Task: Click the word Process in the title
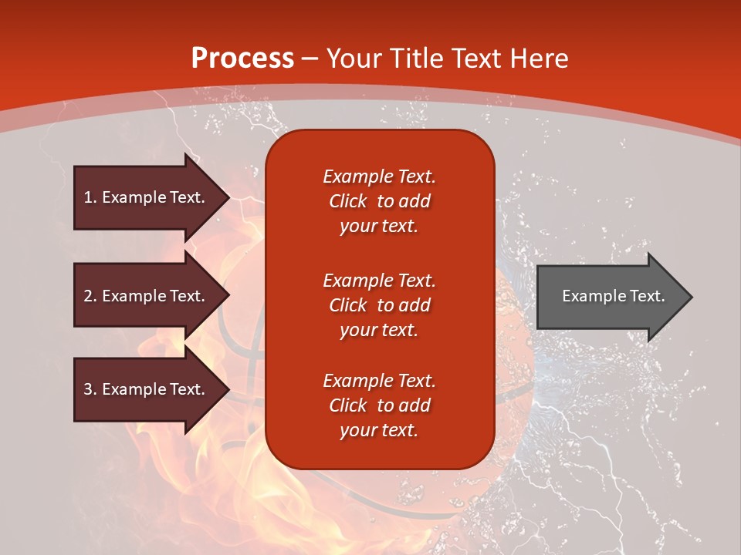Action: (x=242, y=59)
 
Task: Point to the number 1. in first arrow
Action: (x=90, y=197)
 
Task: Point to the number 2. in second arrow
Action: (x=90, y=296)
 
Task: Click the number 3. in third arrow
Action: (x=90, y=389)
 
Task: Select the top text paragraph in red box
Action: (x=379, y=201)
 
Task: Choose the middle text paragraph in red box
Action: (x=379, y=305)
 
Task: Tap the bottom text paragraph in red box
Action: (x=379, y=405)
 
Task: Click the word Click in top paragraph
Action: (x=347, y=201)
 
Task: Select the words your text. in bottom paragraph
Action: (x=379, y=430)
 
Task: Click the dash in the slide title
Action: (x=310, y=59)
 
